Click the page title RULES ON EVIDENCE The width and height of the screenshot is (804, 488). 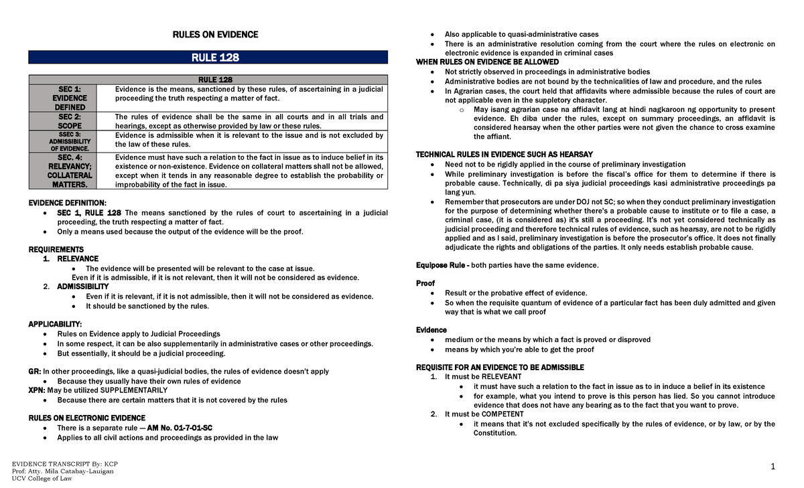(215, 35)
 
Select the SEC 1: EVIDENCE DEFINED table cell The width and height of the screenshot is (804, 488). (70, 98)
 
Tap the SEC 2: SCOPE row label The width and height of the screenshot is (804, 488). (70, 121)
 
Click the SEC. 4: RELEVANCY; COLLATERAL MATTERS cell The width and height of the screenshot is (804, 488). (70, 171)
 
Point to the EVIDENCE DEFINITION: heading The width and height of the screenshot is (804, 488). (66, 203)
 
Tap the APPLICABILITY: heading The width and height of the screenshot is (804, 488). (55, 324)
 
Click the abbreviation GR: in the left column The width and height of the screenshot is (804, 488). (34, 372)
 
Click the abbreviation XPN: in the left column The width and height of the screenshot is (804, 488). (36, 390)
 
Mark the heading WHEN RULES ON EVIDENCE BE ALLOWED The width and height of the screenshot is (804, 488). (487, 62)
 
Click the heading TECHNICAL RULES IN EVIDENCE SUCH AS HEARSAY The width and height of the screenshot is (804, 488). (504, 155)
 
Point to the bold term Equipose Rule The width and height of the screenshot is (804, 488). (442, 265)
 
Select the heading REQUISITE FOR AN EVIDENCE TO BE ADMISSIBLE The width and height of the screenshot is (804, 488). (500, 368)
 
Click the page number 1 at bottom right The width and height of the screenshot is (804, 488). (772, 468)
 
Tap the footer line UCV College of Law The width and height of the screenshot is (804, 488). (42, 479)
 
